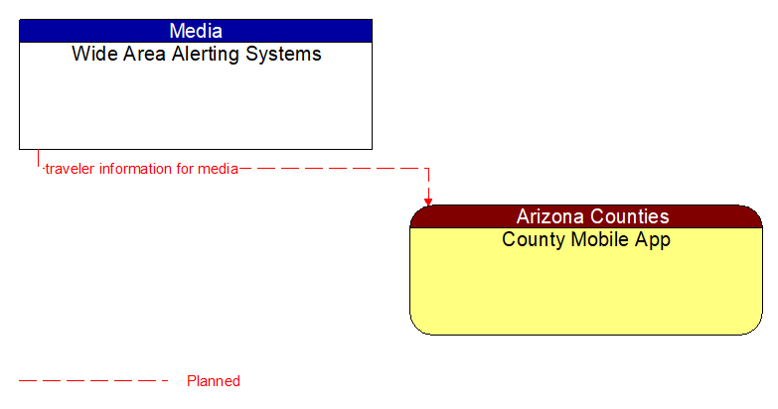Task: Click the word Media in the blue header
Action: [196, 31]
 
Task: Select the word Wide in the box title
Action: [91, 55]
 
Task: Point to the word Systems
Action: [286, 55]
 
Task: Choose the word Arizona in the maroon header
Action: [551, 216]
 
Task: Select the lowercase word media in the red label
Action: [218, 169]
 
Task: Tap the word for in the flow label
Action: [185, 169]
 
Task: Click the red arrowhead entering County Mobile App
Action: [428, 201]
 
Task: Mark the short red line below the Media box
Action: [38, 159]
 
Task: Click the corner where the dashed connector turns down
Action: [428, 169]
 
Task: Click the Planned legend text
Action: [214, 381]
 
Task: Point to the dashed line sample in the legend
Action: [93, 381]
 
